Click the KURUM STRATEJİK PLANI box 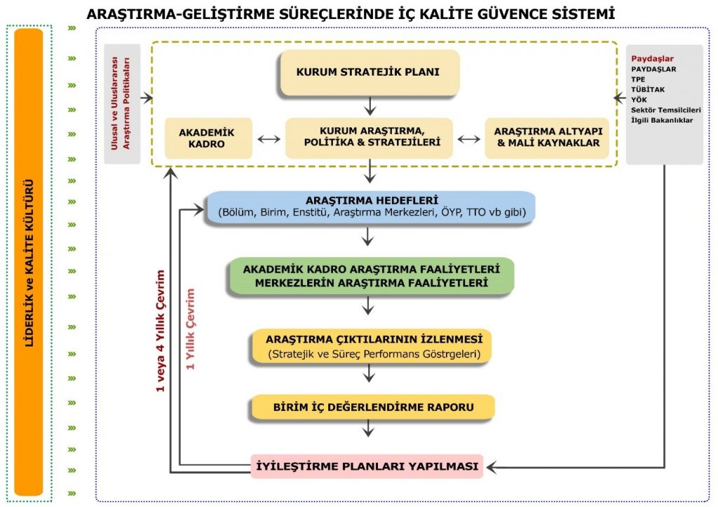[370, 73]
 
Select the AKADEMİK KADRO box [208, 138]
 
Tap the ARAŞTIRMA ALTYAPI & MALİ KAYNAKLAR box [547, 138]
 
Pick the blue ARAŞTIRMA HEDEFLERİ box [371, 207]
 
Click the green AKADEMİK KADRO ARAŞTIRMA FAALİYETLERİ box [371, 276]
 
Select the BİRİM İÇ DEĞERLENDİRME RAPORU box [373, 407]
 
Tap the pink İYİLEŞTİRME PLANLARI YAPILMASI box [367, 466]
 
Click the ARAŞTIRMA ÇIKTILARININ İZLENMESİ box [372, 346]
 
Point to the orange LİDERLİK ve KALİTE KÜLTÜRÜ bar [28, 263]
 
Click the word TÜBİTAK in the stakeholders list [647, 90]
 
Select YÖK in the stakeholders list [639, 99]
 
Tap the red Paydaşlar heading [652, 59]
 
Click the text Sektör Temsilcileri [666, 110]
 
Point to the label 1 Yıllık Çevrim [190, 328]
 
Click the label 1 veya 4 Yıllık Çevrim [161, 331]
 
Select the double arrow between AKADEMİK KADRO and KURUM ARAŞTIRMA [269, 139]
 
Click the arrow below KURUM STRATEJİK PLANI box [370, 106]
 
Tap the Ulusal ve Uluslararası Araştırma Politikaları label [121, 104]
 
